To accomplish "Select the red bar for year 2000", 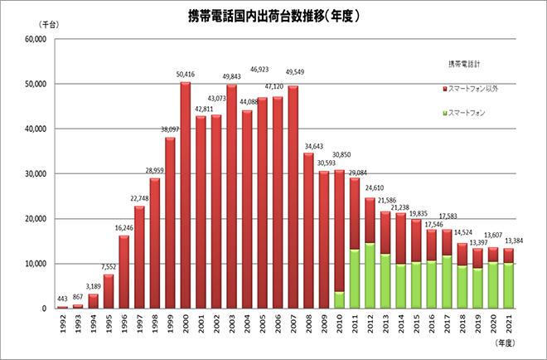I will [x=186, y=195].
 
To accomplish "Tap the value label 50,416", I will [x=186, y=75].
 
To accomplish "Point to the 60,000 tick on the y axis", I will [x=35, y=39].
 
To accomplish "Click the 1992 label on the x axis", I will [x=62, y=324].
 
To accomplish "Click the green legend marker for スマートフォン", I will [x=446, y=112].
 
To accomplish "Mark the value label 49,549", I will [x=293, y=71].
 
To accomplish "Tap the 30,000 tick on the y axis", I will [x=35, y=174].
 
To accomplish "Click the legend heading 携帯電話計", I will [x=464, y=65].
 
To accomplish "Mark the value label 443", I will [x=62, y=299].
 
